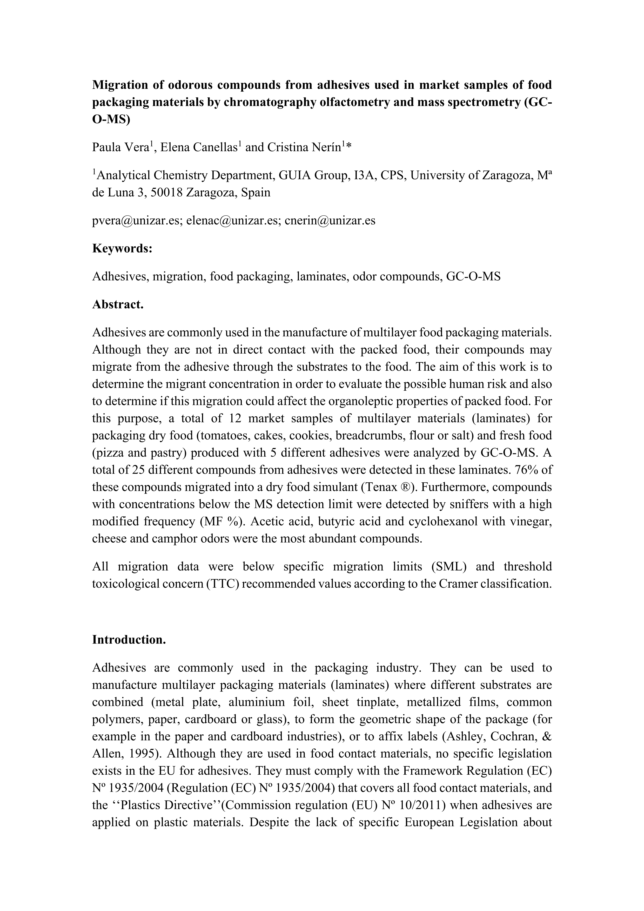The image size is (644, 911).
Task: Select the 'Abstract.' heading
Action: click(x=117, y=304)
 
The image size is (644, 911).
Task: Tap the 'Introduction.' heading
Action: click(x=129, y=640)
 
